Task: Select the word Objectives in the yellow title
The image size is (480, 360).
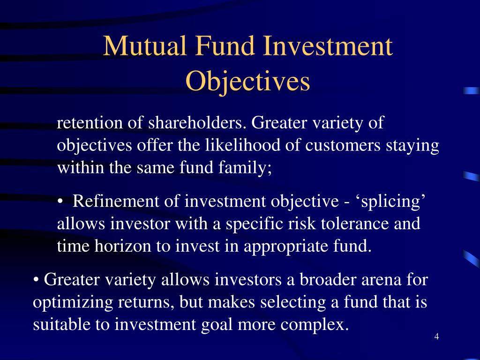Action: point(247,82)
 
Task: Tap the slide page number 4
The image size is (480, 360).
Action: point(436,337)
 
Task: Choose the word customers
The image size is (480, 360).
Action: point(343,145)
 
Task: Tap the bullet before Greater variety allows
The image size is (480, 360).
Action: point(37,280)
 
